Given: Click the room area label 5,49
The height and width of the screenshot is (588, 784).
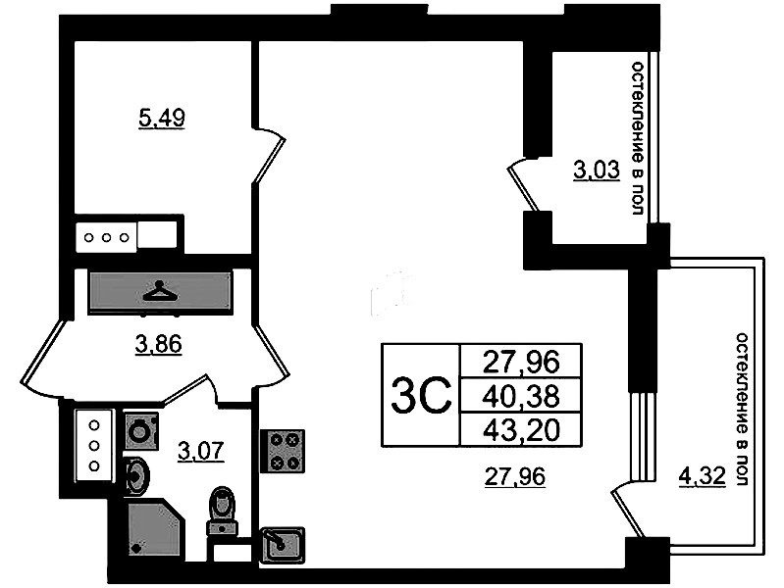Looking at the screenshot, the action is click(x=161, y=119).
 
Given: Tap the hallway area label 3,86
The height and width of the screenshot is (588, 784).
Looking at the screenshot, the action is click(x=159, y=344).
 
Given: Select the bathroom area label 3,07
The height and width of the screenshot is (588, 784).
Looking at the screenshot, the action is click(x=201, y=451).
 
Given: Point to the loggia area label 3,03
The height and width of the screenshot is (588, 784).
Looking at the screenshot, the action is click(x=597, y=170).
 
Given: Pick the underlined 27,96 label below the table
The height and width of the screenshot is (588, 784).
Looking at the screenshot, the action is click(x=515, y=476).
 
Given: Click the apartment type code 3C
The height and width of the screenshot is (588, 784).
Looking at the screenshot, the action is click(x=421, y=396).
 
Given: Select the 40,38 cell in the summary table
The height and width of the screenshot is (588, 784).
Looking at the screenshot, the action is click(x=520, y=396).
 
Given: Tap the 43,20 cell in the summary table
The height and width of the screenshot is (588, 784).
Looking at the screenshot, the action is click(x=520, y=430).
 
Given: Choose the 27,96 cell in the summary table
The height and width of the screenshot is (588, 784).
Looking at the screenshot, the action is click(x=520, y=362).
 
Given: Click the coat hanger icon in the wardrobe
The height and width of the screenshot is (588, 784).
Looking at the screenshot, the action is click(x=160, y=292).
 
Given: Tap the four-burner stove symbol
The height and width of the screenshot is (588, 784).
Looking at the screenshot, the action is click(x=282, y=451).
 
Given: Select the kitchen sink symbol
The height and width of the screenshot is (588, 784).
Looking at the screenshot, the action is click(x=282, y=544).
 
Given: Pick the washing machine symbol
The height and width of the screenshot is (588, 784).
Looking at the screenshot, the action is click(x=140, y=430).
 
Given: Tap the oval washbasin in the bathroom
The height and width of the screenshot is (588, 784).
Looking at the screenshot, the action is click(x=136, y=475).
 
